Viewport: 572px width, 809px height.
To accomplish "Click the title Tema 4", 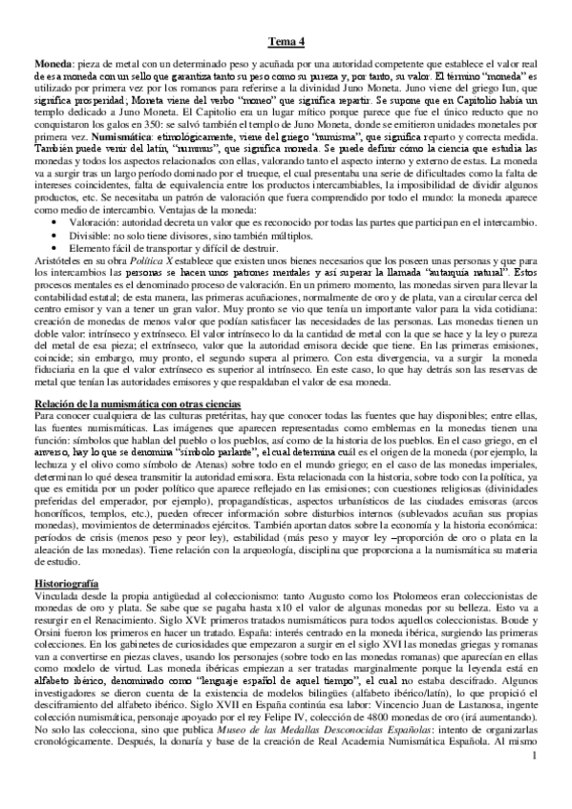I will (x=286, y=40).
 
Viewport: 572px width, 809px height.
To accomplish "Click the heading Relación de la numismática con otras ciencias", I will (x=146, y=409).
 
